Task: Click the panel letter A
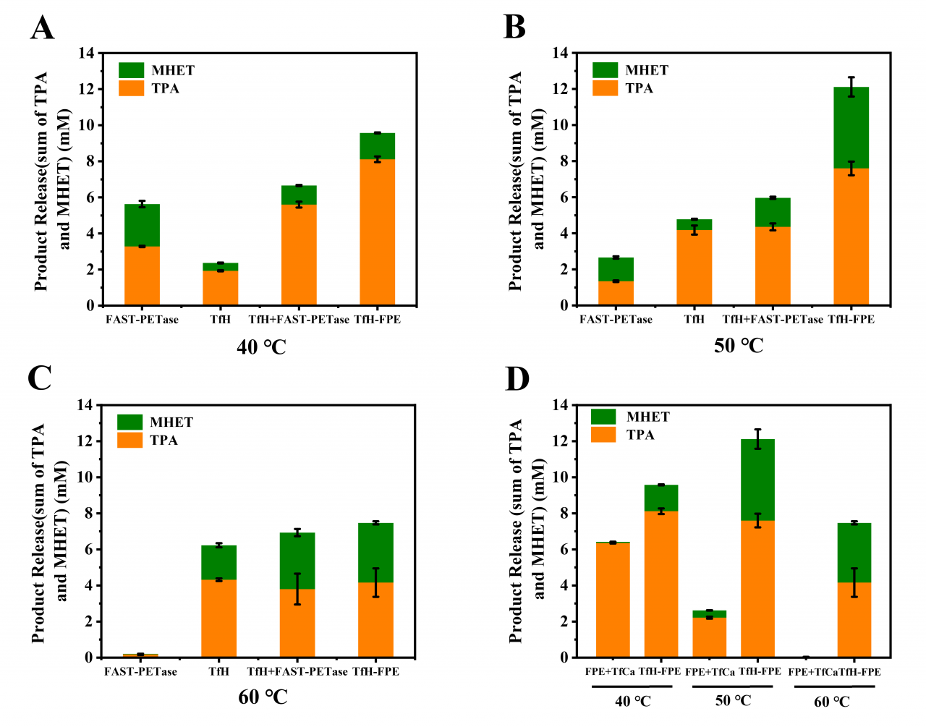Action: click(43, 28)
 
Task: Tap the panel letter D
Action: click(517, 379)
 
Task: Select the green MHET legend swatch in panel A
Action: click(132, 70)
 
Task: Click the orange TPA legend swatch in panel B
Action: click(605, 88)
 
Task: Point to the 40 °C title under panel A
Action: click(261, 347)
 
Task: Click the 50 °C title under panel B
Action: click(738, 346)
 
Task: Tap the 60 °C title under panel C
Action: click(263, 697)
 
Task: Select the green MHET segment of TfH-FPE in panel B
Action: click(851, 127)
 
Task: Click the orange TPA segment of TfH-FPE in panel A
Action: click(377, 231)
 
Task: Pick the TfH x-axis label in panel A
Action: click(220, 320)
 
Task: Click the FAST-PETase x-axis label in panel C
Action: click(140, 672)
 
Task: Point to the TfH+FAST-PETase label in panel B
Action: click(773, 320)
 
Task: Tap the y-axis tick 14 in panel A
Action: click(87, 53)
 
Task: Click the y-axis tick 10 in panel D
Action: click(559, 477)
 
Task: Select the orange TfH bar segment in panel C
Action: click(218, 618)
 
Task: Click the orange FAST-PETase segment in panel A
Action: click(142, 276)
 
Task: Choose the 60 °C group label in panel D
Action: click(831, 702)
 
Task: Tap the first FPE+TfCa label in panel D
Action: click(610, 672)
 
